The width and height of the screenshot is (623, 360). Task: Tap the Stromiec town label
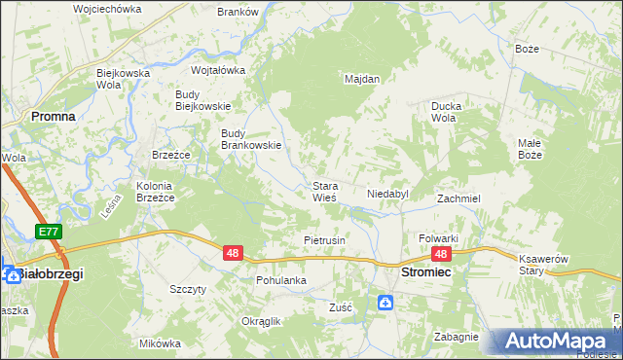pos(425,275)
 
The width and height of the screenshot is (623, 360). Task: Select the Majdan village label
pos(362,79)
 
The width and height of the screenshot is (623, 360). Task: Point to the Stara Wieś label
pos(324,191)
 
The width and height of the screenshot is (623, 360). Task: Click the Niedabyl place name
pos(387,195)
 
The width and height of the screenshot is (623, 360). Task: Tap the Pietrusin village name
pos(325,239)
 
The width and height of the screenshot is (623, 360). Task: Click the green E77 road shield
pos(50,232)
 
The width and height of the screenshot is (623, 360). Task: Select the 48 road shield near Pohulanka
pos(233,253)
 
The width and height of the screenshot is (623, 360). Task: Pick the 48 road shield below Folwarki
pos(441,254)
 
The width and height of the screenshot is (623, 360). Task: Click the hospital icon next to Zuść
pos(385,304)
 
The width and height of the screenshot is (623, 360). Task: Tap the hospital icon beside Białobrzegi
pos(14,275)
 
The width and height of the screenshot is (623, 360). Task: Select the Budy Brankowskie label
pos(251,139)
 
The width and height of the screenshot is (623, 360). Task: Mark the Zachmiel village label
pos(458,198)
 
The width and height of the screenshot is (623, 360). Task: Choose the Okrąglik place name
pos(260,321)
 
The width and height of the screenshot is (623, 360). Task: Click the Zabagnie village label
pos(457,337)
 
